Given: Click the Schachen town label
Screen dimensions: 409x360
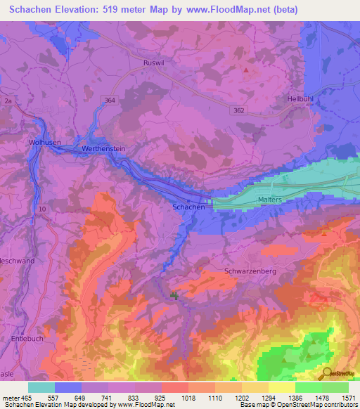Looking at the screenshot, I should [x=188, y=207].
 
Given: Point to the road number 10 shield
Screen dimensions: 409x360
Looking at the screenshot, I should [x=42, y=209].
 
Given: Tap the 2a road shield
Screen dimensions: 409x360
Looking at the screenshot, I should [x=8, y=102].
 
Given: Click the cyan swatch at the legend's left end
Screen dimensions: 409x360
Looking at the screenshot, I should [x=41, y=387].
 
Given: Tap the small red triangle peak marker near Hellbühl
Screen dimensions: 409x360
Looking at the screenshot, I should [x=245, y=70].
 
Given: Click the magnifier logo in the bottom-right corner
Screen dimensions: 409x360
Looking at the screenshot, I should [x=326, y=373].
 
